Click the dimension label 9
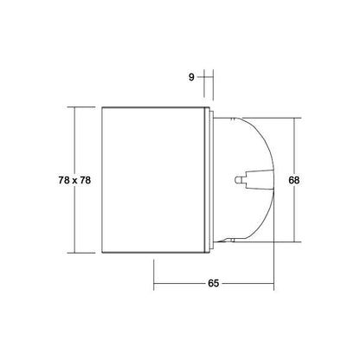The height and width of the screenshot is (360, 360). (x=191, y=77)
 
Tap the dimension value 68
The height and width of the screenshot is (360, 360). (x=294, y=180)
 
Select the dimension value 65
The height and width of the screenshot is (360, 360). (x=214, y=283)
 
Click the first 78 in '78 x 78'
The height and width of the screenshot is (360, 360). (x=64, y=180)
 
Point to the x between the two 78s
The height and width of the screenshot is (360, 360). (x=74, y=181)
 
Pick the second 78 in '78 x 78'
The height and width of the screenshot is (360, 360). (x=85, y=180)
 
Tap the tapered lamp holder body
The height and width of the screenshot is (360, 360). (x=259, y=180)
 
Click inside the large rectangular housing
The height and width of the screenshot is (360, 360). (x=153, y=180)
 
